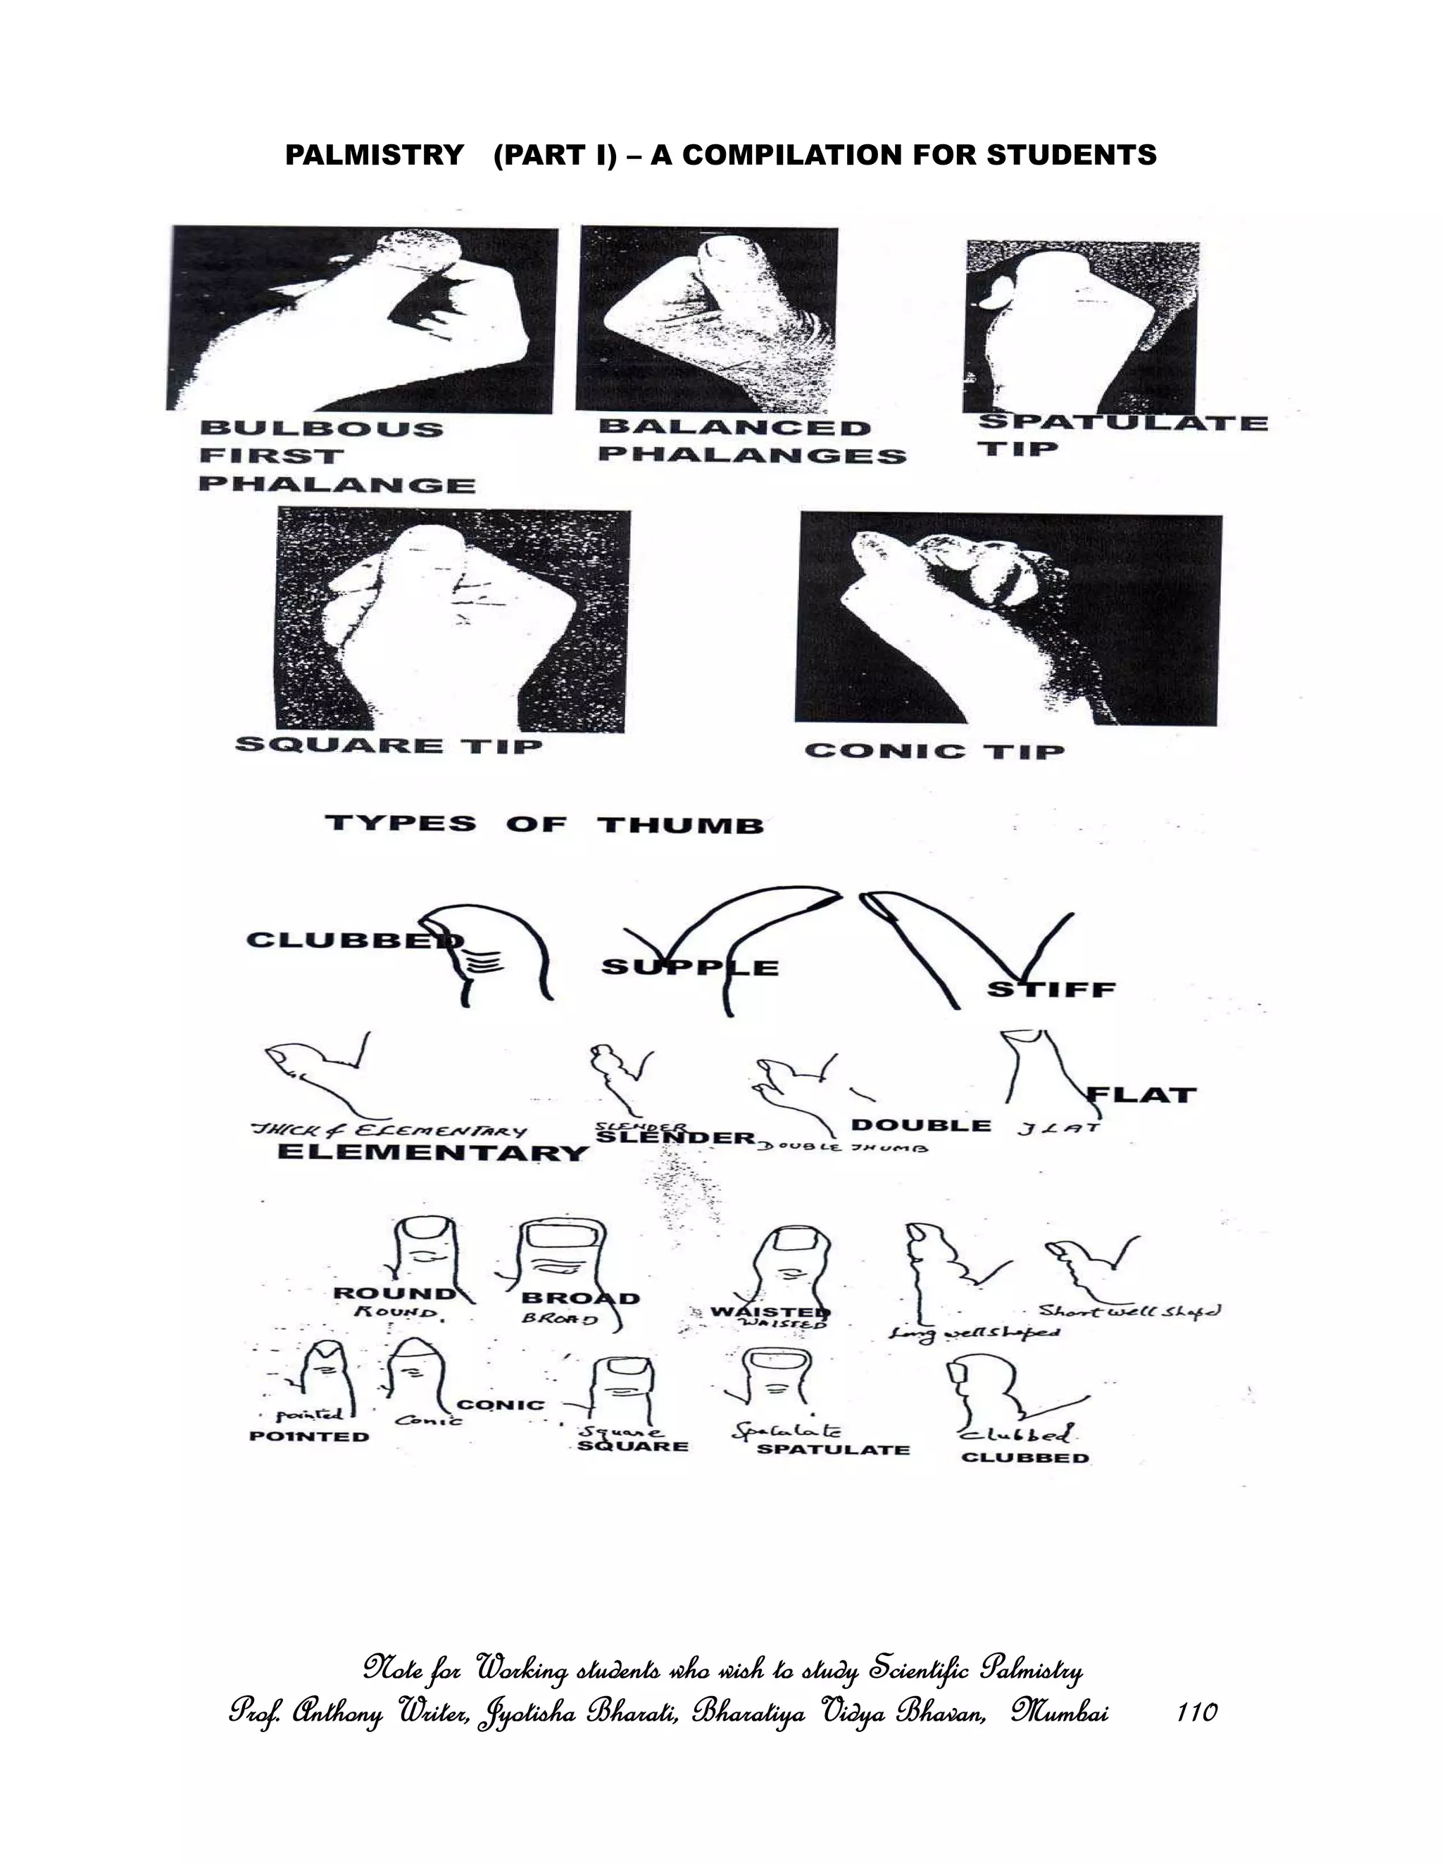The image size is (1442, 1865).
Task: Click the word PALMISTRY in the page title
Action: click(x=374, y=156)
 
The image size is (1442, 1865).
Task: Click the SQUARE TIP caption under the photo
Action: click(x=389, y=745)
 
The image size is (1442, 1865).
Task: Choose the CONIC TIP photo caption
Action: click(x=934, y=752)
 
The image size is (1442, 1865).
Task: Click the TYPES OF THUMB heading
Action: click(x=544, y=825)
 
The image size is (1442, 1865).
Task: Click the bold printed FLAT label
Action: click(x=1141, y=1095)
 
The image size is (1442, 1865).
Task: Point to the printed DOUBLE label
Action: click(x=921, y=1125)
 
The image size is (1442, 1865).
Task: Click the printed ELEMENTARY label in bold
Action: click(x=433, y=1152)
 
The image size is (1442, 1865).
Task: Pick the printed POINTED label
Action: click(x=309, y=1436)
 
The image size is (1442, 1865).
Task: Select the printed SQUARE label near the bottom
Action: click(x=632, y=1446)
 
